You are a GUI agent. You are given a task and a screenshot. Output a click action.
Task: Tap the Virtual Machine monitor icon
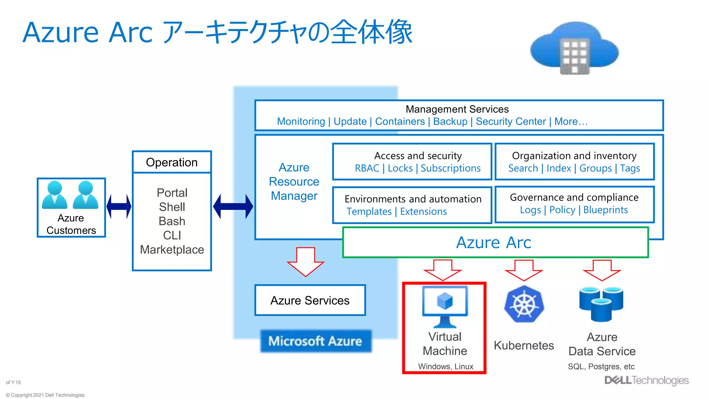(445, 305)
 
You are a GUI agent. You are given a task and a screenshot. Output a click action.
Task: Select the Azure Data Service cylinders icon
(601, 303)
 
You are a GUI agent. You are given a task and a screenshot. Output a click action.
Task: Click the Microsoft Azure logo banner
(315, 341)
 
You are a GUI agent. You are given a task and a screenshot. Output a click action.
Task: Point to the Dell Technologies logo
(646, 380)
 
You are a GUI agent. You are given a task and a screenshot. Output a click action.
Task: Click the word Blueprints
(605, 210)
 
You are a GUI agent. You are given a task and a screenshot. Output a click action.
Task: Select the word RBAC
(367, 168)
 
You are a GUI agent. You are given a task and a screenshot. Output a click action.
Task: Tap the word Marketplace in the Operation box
(172, 250)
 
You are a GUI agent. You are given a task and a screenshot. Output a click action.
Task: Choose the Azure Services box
(310, 300)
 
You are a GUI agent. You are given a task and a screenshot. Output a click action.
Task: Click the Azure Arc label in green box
(494, 242)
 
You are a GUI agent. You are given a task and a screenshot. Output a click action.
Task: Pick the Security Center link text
(511, 122)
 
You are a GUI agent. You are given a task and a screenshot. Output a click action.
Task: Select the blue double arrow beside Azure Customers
(119, 206)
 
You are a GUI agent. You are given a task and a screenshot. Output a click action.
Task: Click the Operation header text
(172, 162)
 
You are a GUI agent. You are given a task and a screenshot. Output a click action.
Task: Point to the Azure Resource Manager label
(294, 181)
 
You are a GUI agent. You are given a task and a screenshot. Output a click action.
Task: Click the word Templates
(369, 212)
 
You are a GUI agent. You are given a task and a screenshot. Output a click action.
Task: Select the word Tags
(630, 168)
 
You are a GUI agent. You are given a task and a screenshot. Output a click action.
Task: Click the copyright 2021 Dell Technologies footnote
(45, 395)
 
